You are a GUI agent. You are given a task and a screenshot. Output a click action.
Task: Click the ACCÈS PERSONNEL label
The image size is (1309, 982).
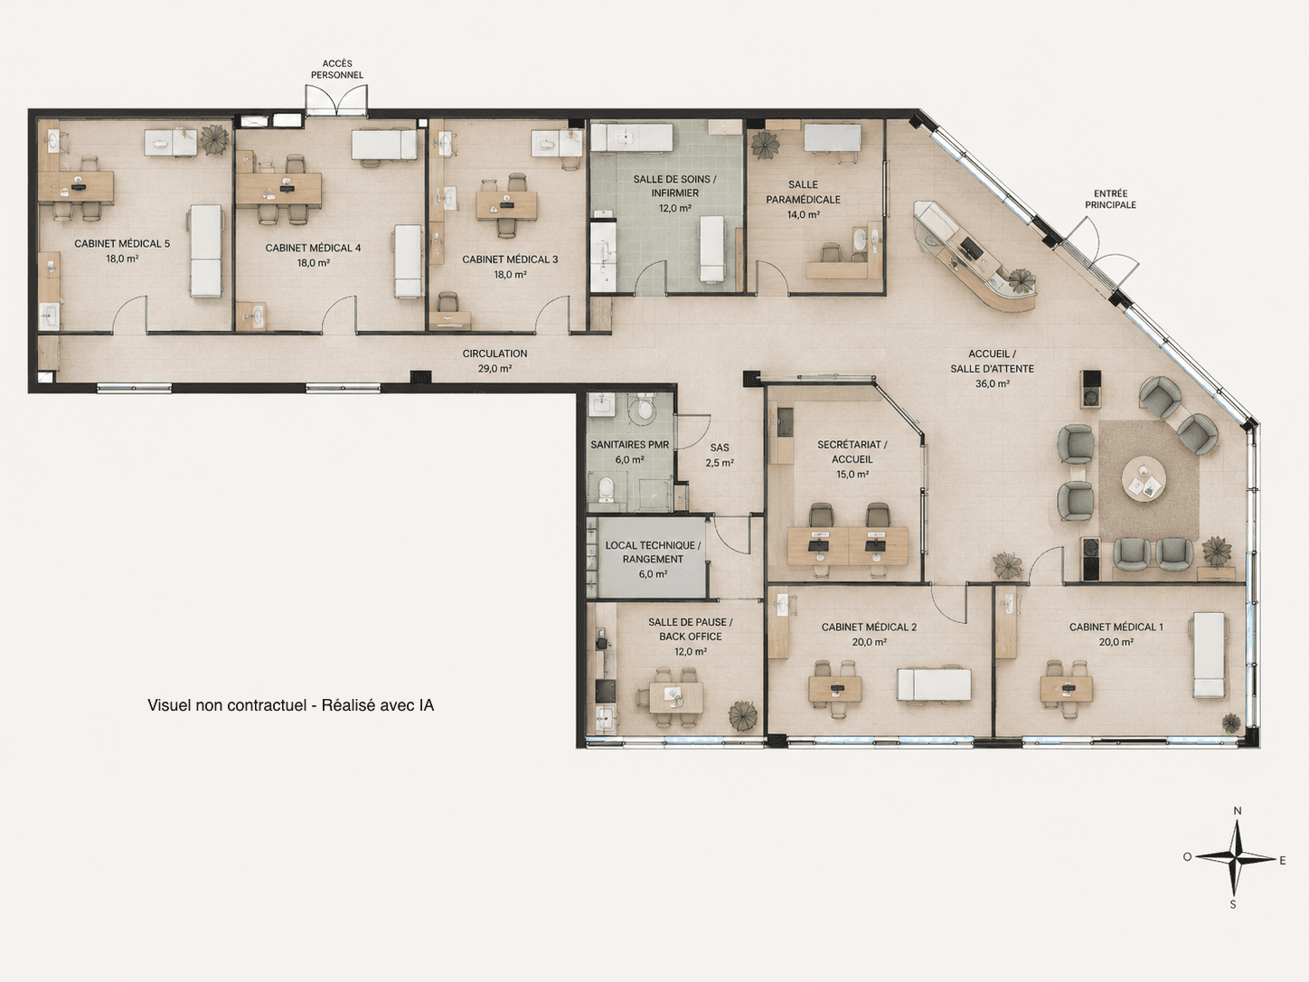point(337,69)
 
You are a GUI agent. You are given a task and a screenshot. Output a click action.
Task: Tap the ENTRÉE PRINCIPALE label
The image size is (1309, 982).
point(1110,199)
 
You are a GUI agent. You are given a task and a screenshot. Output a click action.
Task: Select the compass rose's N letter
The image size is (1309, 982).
point(1238,811)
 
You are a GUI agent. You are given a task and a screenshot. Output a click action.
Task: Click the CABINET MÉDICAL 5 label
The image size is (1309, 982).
point(122,244)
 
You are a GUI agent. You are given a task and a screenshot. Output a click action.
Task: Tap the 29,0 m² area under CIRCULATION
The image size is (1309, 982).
point(494,368)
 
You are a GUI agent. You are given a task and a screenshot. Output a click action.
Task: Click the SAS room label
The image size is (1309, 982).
point(720,448)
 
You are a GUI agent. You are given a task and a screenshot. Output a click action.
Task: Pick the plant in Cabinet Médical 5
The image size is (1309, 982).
point(214,139)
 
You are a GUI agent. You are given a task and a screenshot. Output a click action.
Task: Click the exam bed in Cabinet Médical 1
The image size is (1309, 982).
point(1209,655)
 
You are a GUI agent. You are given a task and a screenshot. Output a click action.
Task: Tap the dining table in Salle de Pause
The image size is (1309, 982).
point(675,696)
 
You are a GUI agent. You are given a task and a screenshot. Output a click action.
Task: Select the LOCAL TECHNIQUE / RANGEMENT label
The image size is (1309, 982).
point(653,552)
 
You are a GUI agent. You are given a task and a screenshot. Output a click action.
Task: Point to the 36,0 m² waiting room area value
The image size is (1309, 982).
point(993,384)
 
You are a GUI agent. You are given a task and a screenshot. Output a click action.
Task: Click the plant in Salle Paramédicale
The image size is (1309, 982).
point(763,145)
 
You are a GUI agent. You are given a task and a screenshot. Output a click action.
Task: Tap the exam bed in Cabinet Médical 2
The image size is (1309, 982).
point(934,685)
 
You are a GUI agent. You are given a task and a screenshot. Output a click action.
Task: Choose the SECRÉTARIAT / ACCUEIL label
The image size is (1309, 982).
point(852,452)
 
